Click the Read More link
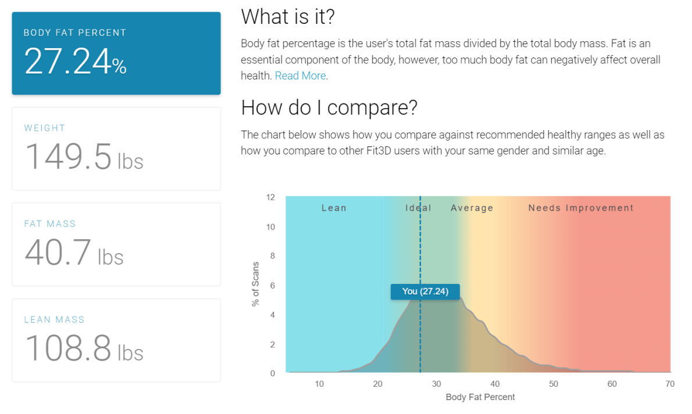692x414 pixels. pos(301,76)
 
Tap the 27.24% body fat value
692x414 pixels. pos(76,62)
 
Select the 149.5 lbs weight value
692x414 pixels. pos(84,157)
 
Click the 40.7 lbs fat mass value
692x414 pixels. pos(74,252)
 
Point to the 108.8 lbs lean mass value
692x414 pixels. pos(84,348)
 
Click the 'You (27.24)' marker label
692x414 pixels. pos(425,291)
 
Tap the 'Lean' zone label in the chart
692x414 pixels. pos(334,208)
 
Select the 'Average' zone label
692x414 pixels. pos(472,208)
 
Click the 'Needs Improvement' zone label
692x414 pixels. pos(581,208)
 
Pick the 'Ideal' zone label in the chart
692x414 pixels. pos(418,208)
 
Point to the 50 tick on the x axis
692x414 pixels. pos(554,384)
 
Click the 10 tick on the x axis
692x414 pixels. pos(319,384)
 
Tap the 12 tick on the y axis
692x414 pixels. pos(270,197)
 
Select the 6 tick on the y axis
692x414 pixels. pos(273,285)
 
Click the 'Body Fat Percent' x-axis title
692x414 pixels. pos(480,397)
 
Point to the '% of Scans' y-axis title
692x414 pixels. pos(255,284)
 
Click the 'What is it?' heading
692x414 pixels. pos(288,17)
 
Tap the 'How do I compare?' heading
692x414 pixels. pos(329,108)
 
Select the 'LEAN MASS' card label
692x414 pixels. pos(54,320)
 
